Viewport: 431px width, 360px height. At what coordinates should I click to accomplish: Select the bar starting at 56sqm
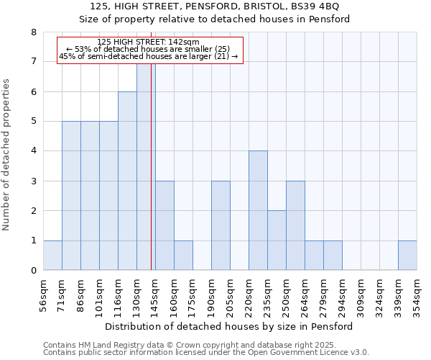pos(52,256)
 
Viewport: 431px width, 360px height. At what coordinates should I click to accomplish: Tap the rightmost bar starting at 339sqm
pos(407,256)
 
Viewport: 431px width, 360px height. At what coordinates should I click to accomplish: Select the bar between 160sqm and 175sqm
pos(183,256)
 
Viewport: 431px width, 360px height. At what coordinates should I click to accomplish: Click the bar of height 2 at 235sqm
pos(277,240)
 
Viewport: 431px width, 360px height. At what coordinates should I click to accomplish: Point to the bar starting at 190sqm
pos(221,226)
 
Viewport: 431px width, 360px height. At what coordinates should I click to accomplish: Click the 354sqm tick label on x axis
pos(417,295)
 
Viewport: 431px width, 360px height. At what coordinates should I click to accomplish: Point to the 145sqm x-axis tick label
pos(156,295)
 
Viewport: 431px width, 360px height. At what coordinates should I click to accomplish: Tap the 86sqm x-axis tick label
pos(81,295)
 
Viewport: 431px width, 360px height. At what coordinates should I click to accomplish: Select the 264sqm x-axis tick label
pos(305,295)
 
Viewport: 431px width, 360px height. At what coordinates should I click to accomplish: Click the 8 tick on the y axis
pos(34,32)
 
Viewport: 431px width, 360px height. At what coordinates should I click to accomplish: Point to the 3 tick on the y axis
pos(34,181)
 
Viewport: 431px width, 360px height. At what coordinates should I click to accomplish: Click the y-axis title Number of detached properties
pos(7,151)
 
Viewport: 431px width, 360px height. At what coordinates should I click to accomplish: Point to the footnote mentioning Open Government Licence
pos(206,353)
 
